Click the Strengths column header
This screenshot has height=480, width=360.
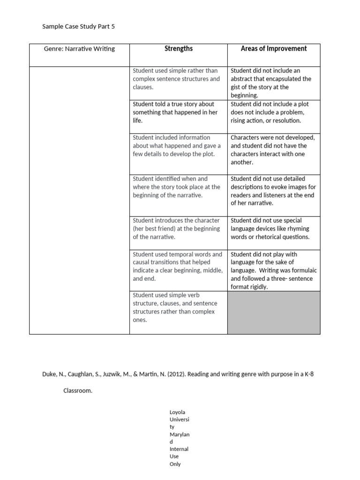click(x=178, y=49)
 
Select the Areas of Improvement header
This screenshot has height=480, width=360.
click(x=274, y=49)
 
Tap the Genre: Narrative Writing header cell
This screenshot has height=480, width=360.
click(x=79, y=49)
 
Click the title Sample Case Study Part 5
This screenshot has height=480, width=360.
click(x=78, y=27)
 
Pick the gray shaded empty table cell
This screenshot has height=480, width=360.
click(x=274, y=312)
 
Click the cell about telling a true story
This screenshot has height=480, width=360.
click(x=178, y=112)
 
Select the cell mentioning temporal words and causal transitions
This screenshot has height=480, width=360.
click(x=178, y=266)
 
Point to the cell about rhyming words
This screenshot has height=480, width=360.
click(x=274, y=229)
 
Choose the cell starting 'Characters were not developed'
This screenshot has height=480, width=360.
click(x=274, y=150)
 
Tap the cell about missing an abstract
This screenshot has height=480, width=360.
click(x=274, y=83)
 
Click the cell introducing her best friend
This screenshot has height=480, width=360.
click(x=178, y=229)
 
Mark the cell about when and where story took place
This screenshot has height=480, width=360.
click(x=178, y=187)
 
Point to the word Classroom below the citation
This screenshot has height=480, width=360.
click(x=78, y=390)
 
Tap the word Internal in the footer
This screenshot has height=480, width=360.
click(x=179, y=449)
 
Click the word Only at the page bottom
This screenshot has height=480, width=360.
click(x=175, y=464)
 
